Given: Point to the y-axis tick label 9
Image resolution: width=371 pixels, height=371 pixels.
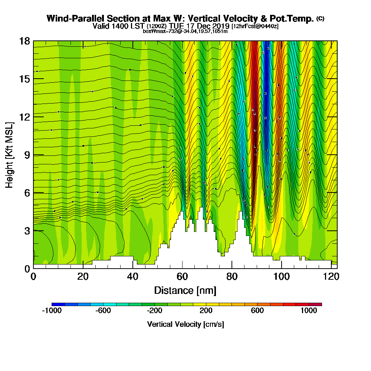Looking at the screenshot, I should [x=27, y=155].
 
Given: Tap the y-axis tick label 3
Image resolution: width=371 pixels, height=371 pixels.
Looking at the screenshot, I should [x=27, y=231].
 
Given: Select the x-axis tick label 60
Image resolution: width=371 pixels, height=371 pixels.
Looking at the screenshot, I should [x=182, y=276].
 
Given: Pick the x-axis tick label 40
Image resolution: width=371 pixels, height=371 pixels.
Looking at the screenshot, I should [x=132, y=276].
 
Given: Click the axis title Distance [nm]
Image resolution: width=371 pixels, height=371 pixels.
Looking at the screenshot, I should [x=185, y=290].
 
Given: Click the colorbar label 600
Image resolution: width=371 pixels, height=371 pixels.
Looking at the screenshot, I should [x=257, y=311].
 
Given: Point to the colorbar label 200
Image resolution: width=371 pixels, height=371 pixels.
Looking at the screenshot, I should [x=206, y=311].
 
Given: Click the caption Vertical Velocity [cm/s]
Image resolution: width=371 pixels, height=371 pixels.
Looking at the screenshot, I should [x=185, y=324].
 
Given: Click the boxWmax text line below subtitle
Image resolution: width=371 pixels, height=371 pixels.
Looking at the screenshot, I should [x=185, y=31].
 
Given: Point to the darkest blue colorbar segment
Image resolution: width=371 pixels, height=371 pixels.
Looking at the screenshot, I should [x=58, y=304].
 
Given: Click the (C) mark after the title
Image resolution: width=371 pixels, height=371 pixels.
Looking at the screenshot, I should [x=320, y=18].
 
